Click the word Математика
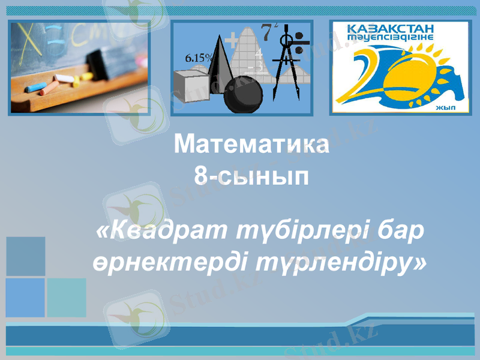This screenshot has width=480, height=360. click(251, 145)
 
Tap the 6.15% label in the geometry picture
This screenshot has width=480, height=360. click(199, 58)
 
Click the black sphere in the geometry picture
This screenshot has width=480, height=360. click(242, 95)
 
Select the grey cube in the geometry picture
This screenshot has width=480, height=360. click(191, 84)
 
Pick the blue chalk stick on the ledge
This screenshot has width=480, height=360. click(35, 88)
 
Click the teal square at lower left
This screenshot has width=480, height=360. click(67, 298)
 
